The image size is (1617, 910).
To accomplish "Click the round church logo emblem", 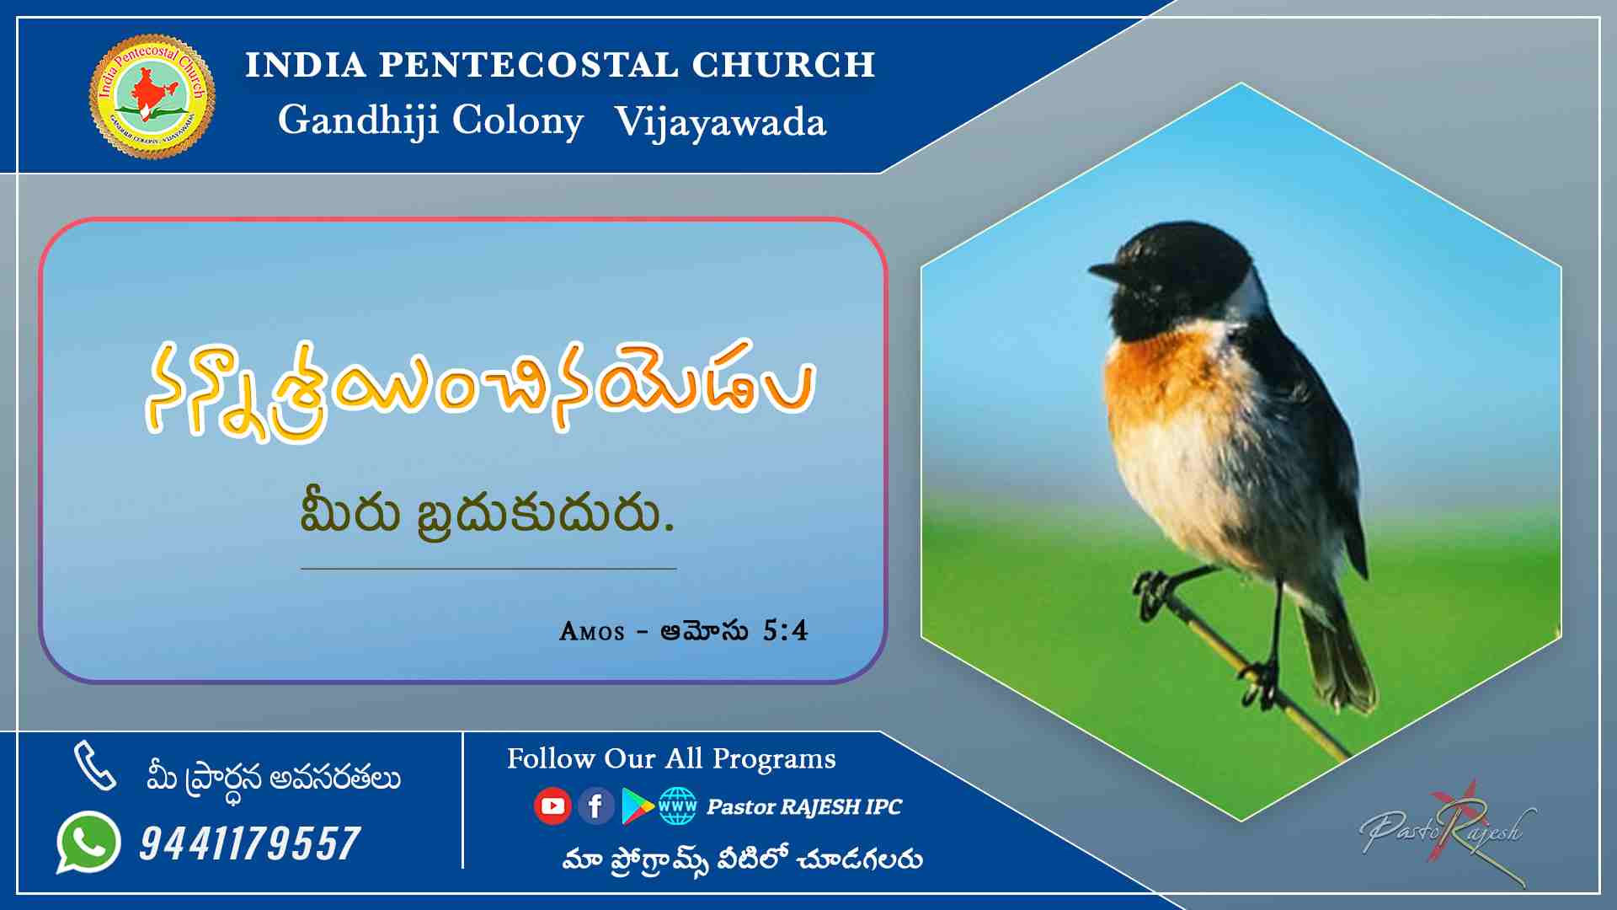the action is [x=152, y=96].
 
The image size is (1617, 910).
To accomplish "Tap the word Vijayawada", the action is [x=720, y=122].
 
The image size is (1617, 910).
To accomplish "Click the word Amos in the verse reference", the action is [x=592, y=631].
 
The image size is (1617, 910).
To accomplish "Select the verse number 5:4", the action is [x=785, y=630].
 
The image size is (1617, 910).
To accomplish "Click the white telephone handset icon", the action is [x=95, y=765].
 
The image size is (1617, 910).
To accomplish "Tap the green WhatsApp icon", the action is [x=88, y=843].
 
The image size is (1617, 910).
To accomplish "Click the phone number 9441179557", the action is [x=250, y=843].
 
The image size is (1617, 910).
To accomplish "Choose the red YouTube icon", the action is [x=552, y=806].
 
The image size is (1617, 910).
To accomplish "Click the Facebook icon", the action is [x=595, y=806].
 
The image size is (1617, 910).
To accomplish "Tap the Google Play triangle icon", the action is [x=637, y=806].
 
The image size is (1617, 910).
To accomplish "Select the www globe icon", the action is [x=678, y=806].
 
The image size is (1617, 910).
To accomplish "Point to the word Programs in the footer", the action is [x=774, y=759].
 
